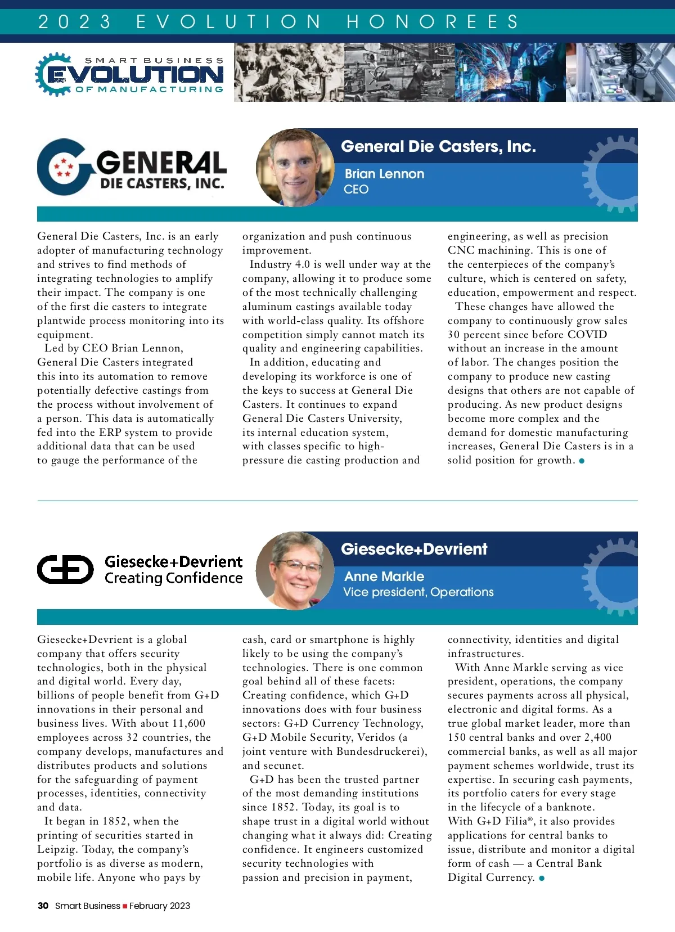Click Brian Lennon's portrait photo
click(x=295, y=167)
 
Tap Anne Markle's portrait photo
click(x=295, y=570)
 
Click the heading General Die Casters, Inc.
click(x=438, y=146)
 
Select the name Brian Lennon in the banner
click(x=384, y=174)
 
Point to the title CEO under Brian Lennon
click(x=356, y=190)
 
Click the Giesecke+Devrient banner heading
click(x=414, y=549)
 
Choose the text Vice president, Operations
click(x=418, y=592)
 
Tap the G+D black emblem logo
click(x=65, y=569)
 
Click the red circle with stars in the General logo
click(x=64, y=167)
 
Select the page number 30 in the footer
click(x=43, y=906)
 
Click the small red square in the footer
click(x=125, y=906)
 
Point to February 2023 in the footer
click(x=160, y=906)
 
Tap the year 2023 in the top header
click(x=74, y=21)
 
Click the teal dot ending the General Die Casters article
click(x=582, y=461)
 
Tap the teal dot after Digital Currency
click(x=542, y=878)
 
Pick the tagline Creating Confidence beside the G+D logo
click(x=173, y=578)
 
